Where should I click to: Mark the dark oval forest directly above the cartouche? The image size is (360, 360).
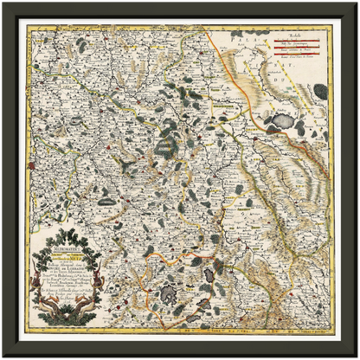[x=106, y=201]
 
